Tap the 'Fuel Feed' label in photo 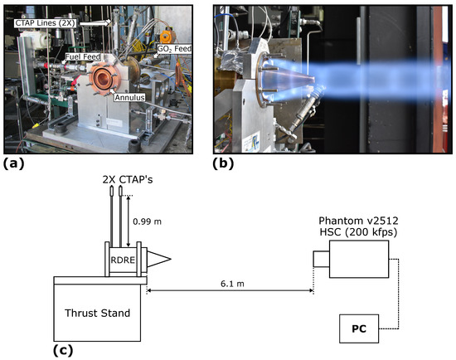click(84, 57)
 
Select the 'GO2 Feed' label click(177, 50)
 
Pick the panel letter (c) click(65, 349)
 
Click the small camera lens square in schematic click(321, 260)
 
